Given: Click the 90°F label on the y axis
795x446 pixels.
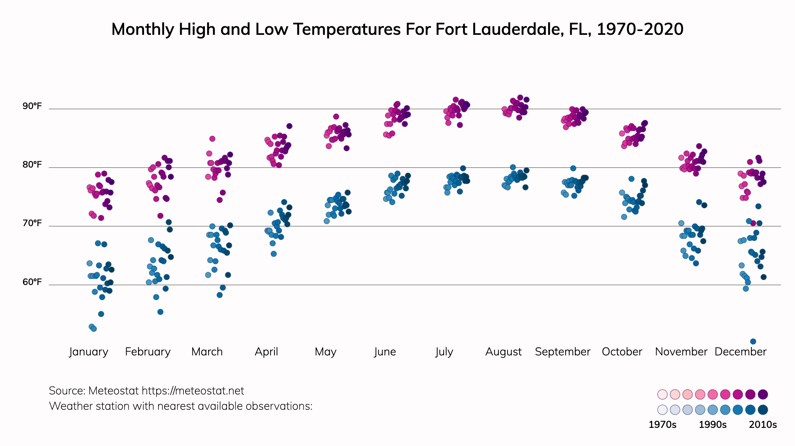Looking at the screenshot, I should click(x=32, y=106).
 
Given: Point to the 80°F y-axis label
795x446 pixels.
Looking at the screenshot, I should click(x=32, y=164).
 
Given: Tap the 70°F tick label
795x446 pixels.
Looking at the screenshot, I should click(x=32, y=223).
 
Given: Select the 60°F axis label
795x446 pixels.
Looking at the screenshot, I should click(x=32, y=282).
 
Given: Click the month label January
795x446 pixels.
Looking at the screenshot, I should click(x=89, y=352).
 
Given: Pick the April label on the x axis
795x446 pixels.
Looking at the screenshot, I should click(x=266, y=352).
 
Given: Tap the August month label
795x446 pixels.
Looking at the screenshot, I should click(x=503, y=352).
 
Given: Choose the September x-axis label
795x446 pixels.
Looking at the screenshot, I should click(x=562, y=352).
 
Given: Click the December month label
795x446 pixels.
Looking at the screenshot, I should click(x=740, y=352).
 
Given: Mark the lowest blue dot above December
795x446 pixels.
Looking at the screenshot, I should click(x=753, y=341).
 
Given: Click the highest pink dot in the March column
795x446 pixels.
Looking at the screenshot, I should click(x=212, y=139).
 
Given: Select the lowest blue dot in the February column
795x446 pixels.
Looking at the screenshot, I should click(x=160, y=312).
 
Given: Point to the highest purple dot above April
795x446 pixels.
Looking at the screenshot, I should click(x=289, y=126).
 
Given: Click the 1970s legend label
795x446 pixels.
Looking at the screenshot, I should click(x=662, y=425).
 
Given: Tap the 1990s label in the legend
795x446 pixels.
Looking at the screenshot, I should click(x=713, y=425).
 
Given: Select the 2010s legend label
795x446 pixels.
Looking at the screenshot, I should click(x=763, y=425).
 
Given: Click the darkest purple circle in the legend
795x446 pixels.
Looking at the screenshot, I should click(x=763, y=394).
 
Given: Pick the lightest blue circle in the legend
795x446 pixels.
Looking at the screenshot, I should click(x=662, y=410).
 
